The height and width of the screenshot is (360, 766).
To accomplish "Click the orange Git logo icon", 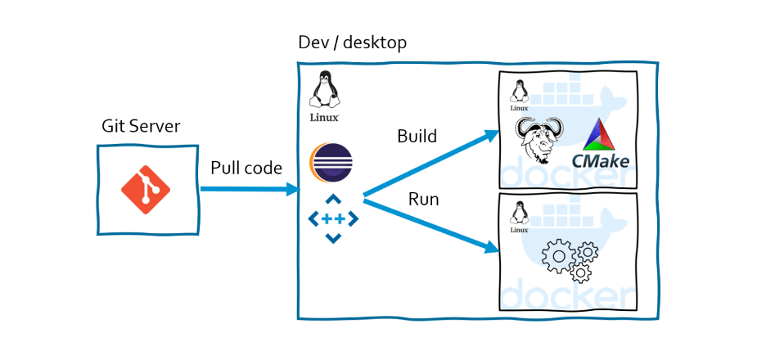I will [x=146, y=188].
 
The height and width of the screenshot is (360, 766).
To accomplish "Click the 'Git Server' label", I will [x=141, y=126].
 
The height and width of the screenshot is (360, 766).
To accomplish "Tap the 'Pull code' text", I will [x=246, y=169].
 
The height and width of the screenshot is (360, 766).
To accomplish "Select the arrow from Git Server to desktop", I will [x=250, y=189].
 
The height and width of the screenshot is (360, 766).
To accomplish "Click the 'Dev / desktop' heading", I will [x=353, y=42].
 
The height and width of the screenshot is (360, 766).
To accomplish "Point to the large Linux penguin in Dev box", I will [x=326, y=91].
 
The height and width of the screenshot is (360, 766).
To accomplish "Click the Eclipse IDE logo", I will [x=331, y=163].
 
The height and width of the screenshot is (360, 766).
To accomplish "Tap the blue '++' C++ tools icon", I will [x=332, y=219].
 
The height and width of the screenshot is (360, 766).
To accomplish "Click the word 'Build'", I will [x=417, y=136].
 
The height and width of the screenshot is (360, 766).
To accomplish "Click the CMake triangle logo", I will [x=607, y=134].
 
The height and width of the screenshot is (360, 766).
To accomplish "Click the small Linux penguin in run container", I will [x=517, y=215].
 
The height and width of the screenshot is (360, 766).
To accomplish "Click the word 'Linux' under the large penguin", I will [x=325, y=117].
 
